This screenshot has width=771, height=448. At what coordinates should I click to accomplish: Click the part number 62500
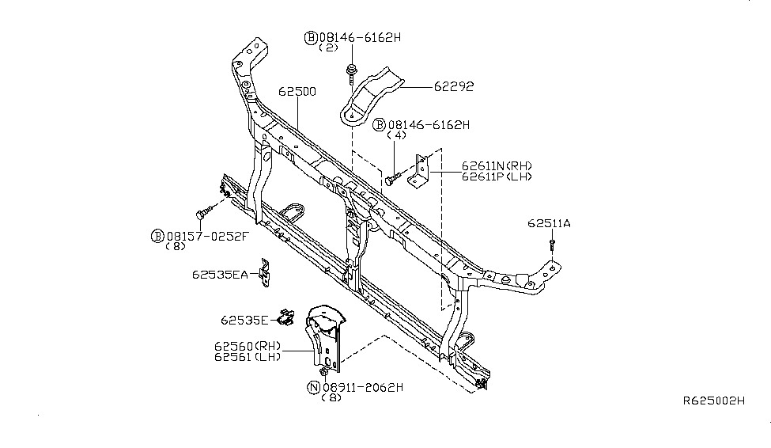point(297,91)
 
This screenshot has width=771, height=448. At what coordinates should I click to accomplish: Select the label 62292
point(453,86)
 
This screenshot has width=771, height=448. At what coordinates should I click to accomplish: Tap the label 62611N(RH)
point(497,165)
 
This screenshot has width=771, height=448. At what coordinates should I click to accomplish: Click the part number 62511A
point(549,223)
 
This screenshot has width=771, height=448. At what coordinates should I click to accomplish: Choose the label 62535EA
point(219,275)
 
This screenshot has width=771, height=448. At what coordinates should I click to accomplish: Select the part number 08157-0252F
point(207,235)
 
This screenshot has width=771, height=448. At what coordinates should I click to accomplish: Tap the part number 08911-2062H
point(363,387)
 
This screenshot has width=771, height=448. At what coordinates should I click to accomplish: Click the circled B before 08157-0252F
point(157,235)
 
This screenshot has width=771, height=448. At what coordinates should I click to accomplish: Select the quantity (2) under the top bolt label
point(328,47)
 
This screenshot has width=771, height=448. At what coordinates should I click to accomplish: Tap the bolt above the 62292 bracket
point(349,75)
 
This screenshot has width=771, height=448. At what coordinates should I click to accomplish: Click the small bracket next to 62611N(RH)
point(420,171)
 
